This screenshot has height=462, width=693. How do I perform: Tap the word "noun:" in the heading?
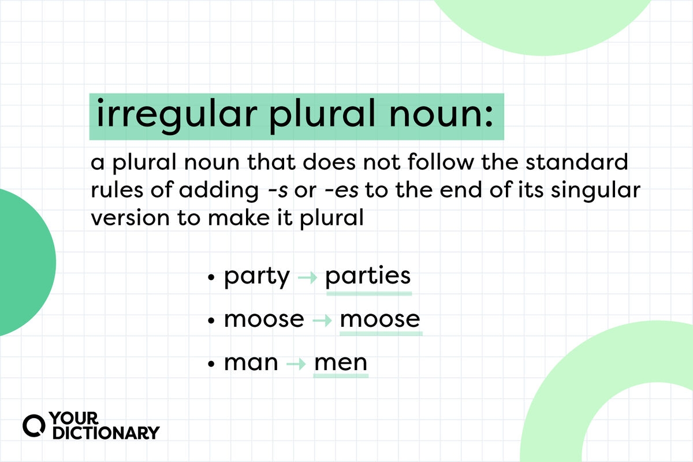pos(441,114)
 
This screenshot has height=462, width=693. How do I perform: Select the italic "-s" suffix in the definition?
pos(278,191)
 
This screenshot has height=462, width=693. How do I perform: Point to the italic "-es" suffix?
pos(342,191)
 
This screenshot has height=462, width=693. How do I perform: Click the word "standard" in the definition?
pos(577,162)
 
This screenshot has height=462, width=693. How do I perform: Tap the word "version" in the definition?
pos(131,218)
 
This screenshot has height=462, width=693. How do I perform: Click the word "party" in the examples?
pos(257,277)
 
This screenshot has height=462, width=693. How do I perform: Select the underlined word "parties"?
pos(368,275)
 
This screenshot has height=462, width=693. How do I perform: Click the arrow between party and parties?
pos(307,277)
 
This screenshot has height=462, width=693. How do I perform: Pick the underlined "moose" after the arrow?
pos(380,319)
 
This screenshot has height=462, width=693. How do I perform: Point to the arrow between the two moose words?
pos(322,321)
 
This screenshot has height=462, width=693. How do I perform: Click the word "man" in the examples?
pos(251,363)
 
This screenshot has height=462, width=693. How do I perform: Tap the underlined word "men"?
pos(341,363)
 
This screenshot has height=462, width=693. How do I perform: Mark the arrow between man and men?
pos(296,364)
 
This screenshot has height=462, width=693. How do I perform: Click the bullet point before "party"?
pos(211,277)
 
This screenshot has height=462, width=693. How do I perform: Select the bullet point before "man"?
pos(211,364)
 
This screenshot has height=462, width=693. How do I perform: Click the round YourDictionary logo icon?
pos(34,426)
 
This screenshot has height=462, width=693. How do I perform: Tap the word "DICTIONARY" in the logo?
pos(106,433)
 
